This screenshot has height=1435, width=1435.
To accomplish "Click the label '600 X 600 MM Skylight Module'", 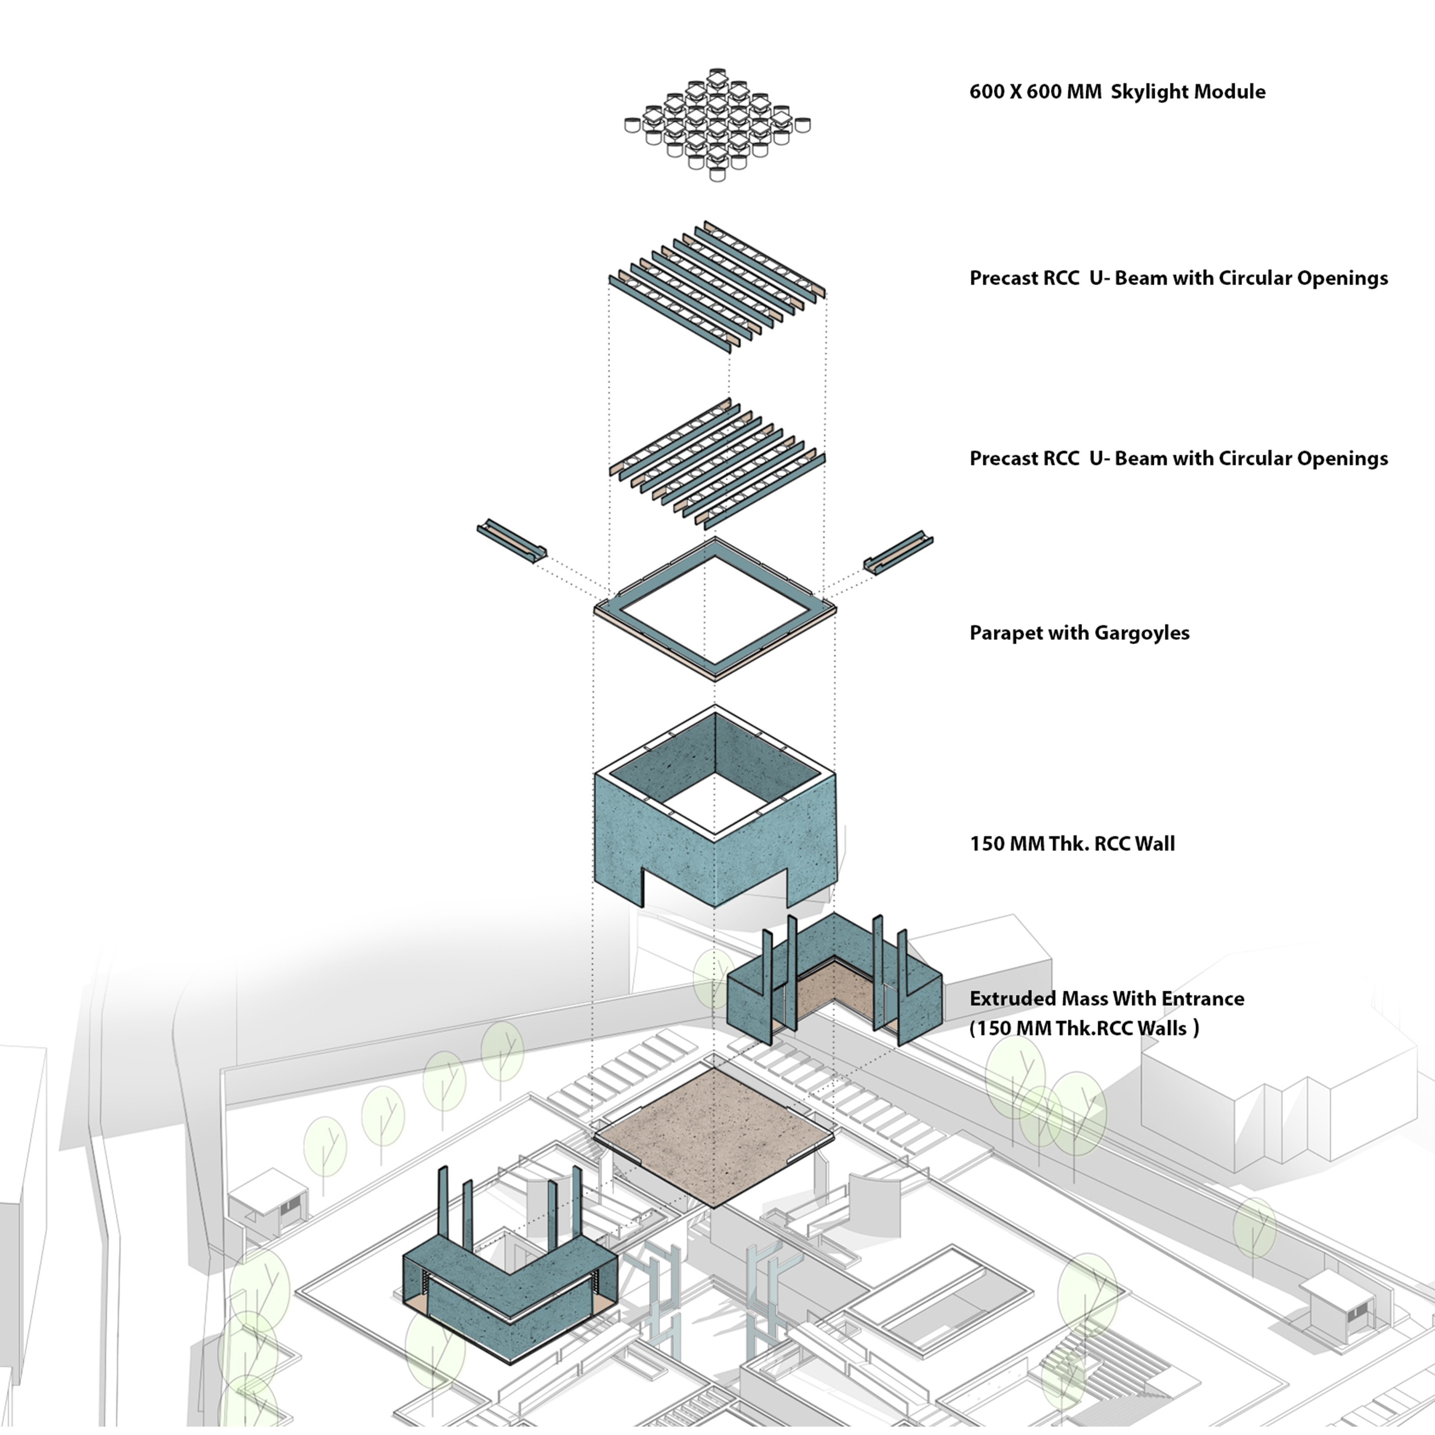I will pyautogui.click(x=1117, y=92).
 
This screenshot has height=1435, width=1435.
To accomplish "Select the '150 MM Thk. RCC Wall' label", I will pyautogui.click(x=1072, y=844).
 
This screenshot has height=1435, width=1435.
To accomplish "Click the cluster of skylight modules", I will pyautogui.click(x=717, y=125).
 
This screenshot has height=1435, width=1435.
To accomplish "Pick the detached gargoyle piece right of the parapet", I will pyautogui.click(x=898, y=553).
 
